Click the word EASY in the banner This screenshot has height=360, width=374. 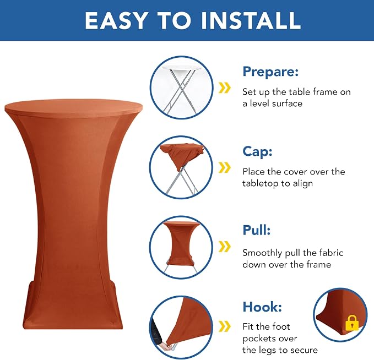pos(116,20)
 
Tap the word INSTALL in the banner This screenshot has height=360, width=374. pos(251,20)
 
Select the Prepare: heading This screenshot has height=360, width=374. pos(270,72)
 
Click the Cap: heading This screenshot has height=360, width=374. pos(257,151)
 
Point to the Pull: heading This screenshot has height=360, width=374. pos(257,230)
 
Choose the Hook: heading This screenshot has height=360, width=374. pos(262,307)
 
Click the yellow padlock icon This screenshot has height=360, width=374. pos(352,323)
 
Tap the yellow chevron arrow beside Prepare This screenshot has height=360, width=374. pos(225,88)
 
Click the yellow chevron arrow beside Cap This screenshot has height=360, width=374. pos(225,167)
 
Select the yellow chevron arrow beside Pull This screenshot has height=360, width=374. pos(225,246)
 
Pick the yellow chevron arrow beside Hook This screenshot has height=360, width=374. pos(225,326)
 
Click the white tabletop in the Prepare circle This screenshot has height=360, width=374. pos(182,68)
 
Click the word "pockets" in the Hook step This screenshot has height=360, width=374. pos(270,339)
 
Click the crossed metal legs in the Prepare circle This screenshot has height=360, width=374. pos(181,92)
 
